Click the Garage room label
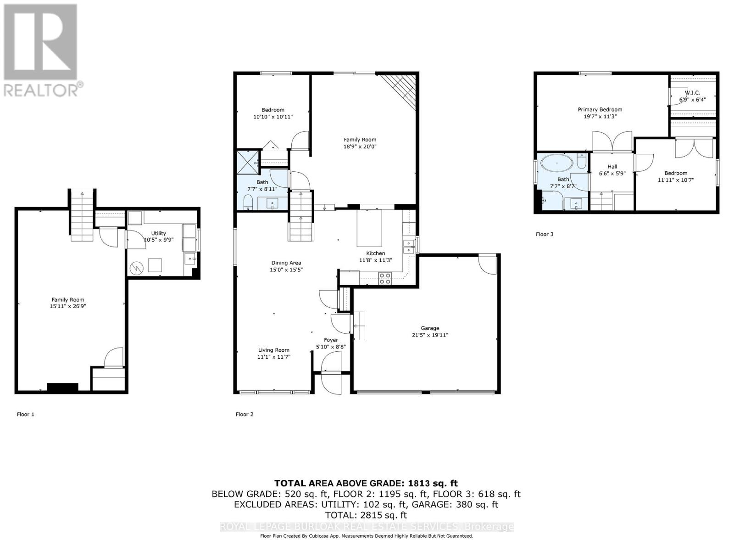[x=430, y=328]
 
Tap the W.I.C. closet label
[x=692, y=93]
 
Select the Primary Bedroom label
[x=600, y=109]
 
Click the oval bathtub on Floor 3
[x=557, y=163]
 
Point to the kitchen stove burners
[x=385, y=278]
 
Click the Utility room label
[x=159, y=233]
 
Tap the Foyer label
[x=331, y=340]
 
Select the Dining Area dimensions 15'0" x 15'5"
[x=286, y=270]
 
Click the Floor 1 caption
[x=25, y=414]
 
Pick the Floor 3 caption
[x=545, y=234]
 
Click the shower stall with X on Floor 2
[x=248, y=163]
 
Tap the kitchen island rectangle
[x=369, y=228]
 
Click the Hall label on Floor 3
[x=612, y=167]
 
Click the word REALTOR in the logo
[x=39, y=90]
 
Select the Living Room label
[x=273, y=350]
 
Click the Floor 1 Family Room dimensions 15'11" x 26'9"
[x=68, y=306]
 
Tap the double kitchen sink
[x=409, y=247]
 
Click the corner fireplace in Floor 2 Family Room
[x=400, y=91]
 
